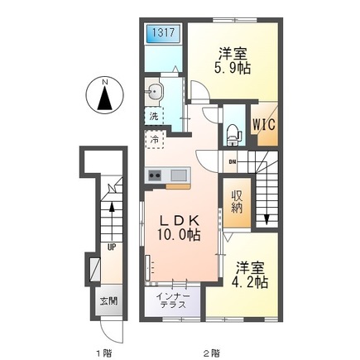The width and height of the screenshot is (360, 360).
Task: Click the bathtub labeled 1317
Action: [163, 33]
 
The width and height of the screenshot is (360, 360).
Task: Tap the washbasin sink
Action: [154, 91]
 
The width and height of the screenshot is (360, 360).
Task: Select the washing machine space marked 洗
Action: [154, 116]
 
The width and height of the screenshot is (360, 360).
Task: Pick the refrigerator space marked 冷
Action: [155, 140]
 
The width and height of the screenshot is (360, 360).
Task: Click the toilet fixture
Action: [234, 135]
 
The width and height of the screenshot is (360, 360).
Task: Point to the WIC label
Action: [264, 124]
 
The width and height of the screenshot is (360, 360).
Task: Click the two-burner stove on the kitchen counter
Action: [155, 175]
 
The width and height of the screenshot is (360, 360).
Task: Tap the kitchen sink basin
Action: [179, 175]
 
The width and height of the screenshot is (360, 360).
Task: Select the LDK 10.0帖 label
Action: [179, 228]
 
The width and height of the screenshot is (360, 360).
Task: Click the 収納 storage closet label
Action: [237, 202]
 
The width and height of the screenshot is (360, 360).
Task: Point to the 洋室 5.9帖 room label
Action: [233, 60]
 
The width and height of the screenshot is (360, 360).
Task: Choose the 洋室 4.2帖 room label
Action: [250, 275]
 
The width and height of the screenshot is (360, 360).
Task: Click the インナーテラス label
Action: [173, 300]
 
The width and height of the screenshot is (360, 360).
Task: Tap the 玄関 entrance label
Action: [108, 301]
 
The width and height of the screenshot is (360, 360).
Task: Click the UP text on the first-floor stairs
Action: [112, 247]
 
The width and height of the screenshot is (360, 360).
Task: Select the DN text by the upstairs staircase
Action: [232, 162]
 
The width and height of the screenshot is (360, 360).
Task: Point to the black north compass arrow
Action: [105, 98]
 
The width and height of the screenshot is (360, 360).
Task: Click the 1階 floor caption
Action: [104, 353]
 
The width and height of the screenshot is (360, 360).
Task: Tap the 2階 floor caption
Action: [212, 353]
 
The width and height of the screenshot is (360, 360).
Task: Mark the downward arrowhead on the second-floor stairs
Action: [266, 219]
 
